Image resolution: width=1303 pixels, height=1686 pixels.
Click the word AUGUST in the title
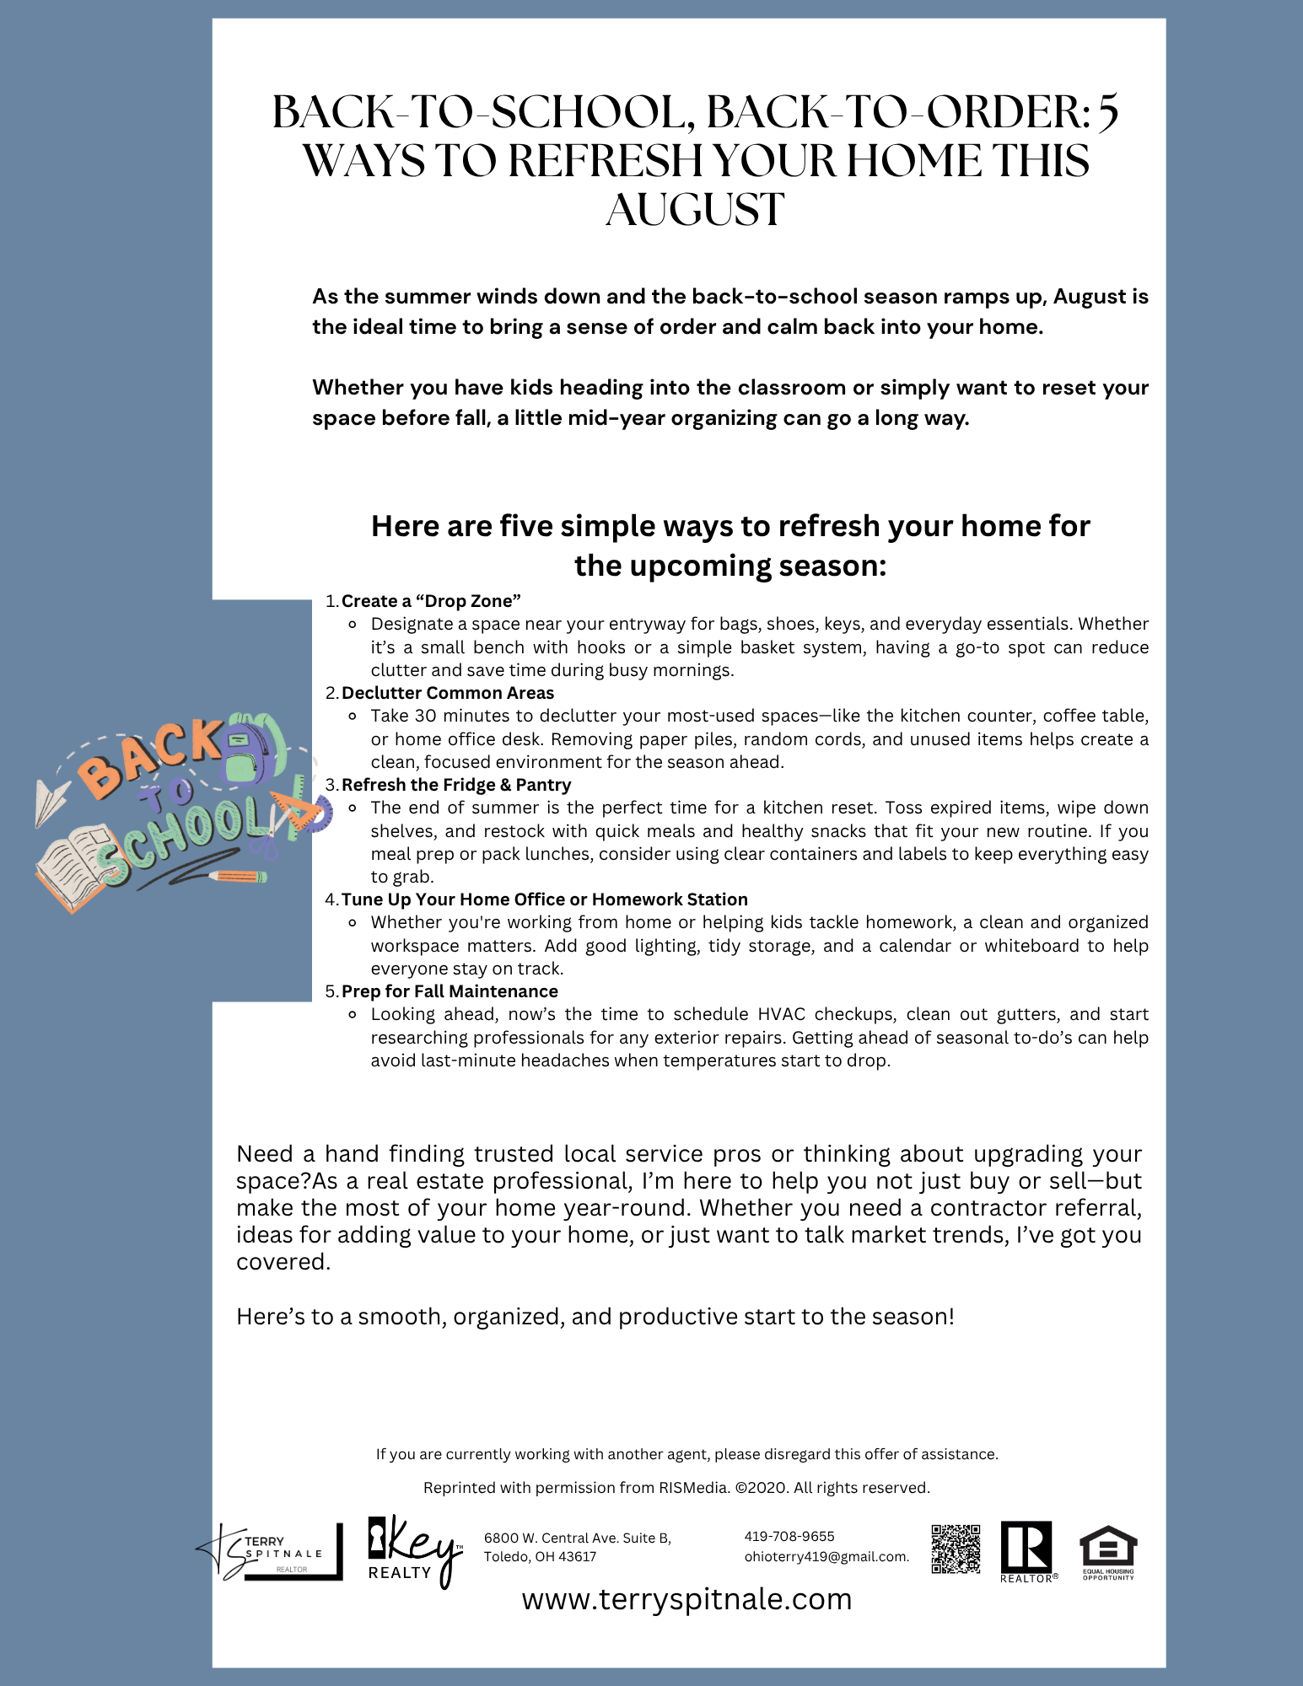[695, 210]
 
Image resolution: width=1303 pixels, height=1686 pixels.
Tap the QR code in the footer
[956, 1549]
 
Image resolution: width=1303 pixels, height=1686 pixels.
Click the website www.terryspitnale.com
[686, 1599]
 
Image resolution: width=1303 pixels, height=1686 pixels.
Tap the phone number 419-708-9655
[789, 1536]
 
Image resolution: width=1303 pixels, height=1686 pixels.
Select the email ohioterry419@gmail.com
[826, 1557]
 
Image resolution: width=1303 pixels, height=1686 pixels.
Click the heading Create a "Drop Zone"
[431, 601]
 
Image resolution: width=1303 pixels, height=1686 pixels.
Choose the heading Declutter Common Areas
[448, 693]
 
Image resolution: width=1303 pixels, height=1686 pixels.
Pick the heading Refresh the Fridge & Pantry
[456, 785]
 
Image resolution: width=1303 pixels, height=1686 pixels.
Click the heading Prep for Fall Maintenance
[450, 991]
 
